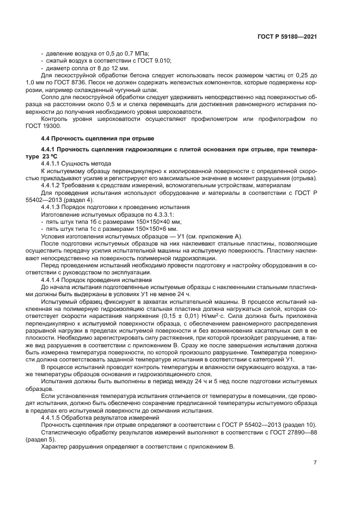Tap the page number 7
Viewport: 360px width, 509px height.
click(x=315, y=463)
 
